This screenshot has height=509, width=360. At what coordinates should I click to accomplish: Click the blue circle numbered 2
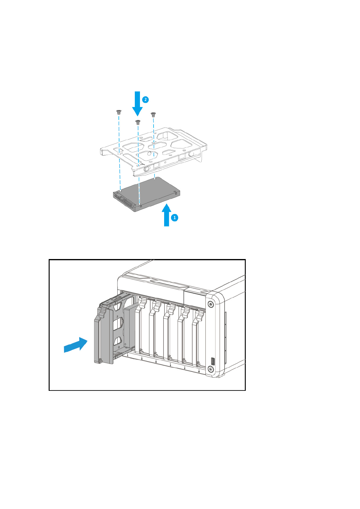pos(145,99)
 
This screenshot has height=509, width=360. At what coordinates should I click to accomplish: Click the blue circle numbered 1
pos(174,217)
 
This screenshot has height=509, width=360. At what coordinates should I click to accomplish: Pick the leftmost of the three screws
pos(118,112)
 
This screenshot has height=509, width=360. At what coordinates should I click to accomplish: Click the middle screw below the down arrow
pos(138,122)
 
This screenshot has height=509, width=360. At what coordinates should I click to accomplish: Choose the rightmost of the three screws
pos(153,114)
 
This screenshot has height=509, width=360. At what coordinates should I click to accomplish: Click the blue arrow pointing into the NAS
pos(76,345)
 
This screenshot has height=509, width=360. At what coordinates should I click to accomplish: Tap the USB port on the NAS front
pos(212,361)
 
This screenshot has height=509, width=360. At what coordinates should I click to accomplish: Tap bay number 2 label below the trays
pos(142,359)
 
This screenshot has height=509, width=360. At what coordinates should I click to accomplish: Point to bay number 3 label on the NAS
pos(156,361)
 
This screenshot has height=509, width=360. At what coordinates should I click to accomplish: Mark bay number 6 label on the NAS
pos(199,371)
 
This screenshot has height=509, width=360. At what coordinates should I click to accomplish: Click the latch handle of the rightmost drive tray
pos(199,316)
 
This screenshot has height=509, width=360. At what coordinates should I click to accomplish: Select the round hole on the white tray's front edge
pos(147,169)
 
